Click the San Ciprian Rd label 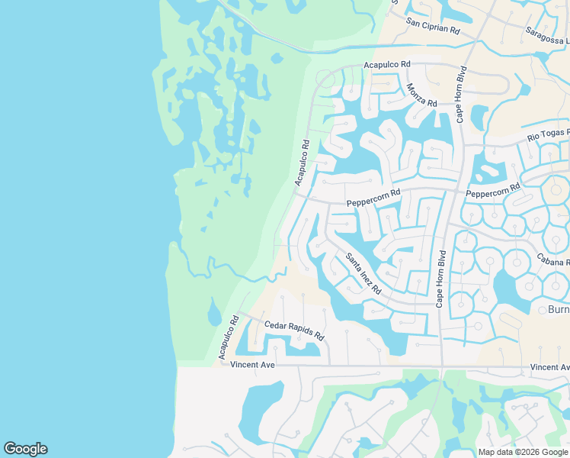[x=433, y=27]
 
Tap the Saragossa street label [x=547, y=36]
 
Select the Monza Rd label [x=421, y=95]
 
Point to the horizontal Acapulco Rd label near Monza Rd [x=387, y=65]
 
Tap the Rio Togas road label [x=549, y=137]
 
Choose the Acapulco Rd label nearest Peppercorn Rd [x=303, y=163]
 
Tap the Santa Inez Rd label [x=363, y=274]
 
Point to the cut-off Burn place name [x=559, y=310]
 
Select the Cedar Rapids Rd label [x=294, y=331]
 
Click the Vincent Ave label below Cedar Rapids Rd [x=252, y=366]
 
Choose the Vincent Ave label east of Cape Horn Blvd [x=549, y=368]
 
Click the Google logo [x=25, y=449]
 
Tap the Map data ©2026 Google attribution [x=523, y=452]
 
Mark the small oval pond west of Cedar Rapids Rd [x=215, y=311]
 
